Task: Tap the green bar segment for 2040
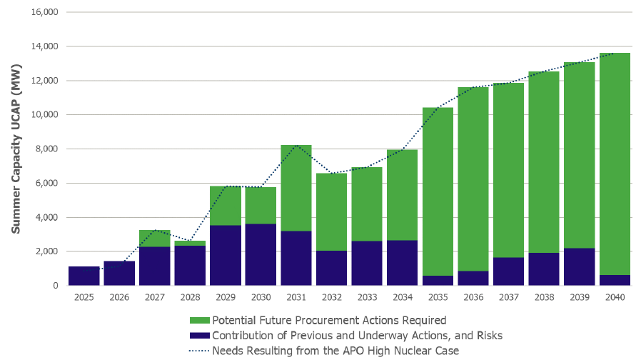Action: point(615,164)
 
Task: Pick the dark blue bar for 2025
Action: point(84,276)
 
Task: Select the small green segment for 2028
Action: point(190,244)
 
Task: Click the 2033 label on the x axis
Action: point(366,295)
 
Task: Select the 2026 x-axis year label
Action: point(119,295)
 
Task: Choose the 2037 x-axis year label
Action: point(508,295)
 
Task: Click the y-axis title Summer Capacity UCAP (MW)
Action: point(16,149)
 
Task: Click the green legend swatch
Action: point(200,320)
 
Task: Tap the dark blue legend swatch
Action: point(200,335)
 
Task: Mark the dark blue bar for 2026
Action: point(119,273)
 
